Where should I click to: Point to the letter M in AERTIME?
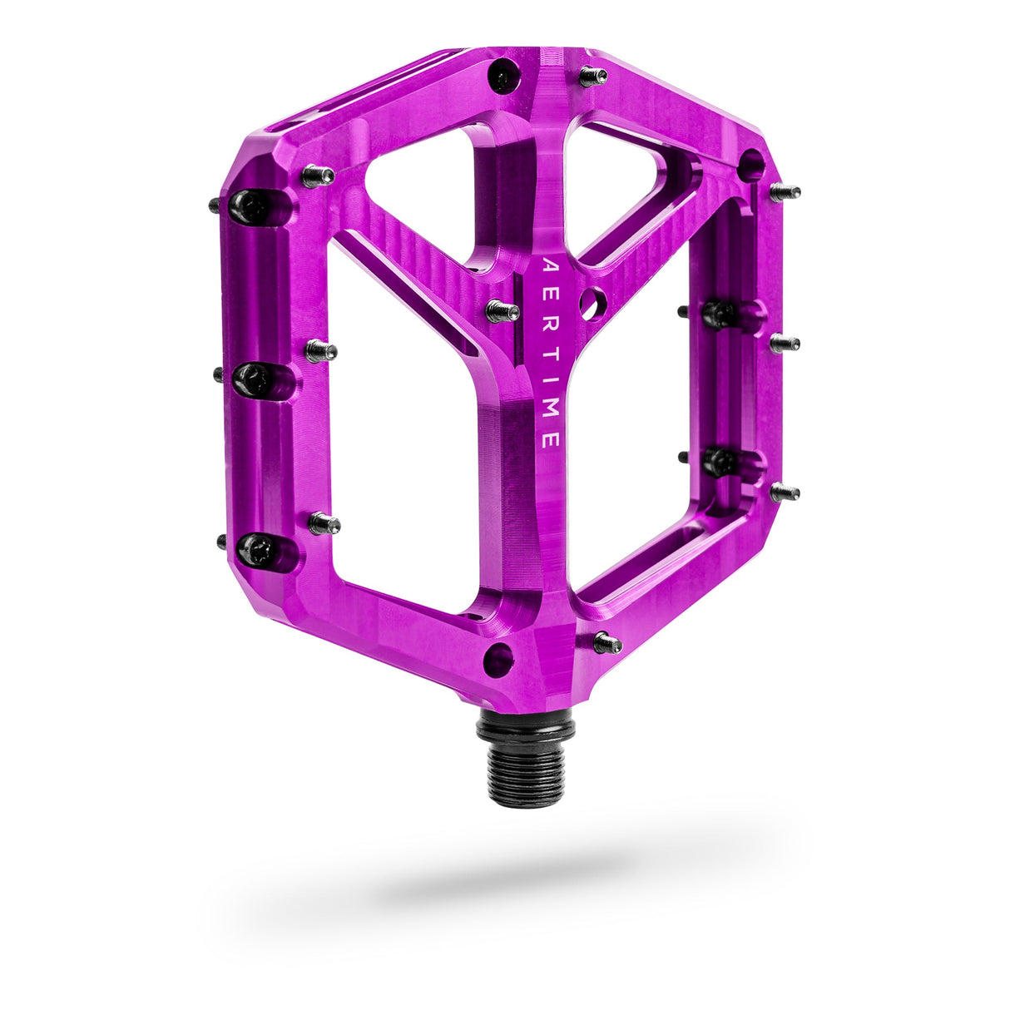click(x=550, y=415)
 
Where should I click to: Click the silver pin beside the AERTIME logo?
click(x=502, y=311)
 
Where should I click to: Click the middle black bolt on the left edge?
click(x=252, y=379)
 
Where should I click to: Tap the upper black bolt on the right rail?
click(x=719, y=314)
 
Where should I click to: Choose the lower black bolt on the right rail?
click(x=720, y=460)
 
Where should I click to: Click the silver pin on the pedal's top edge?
click(x=592, y=77)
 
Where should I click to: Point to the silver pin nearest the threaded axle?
click(x=607, y=642)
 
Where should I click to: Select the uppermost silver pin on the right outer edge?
click(x=784, y=193)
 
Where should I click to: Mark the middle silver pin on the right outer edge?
click(x=784, y=343)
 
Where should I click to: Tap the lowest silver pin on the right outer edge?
click(x=784, y=493)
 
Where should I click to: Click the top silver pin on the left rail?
click(x=318, y=176)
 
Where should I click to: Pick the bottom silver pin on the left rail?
click(x=324, y=523)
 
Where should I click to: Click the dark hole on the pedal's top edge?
click(x=503, y=77)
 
